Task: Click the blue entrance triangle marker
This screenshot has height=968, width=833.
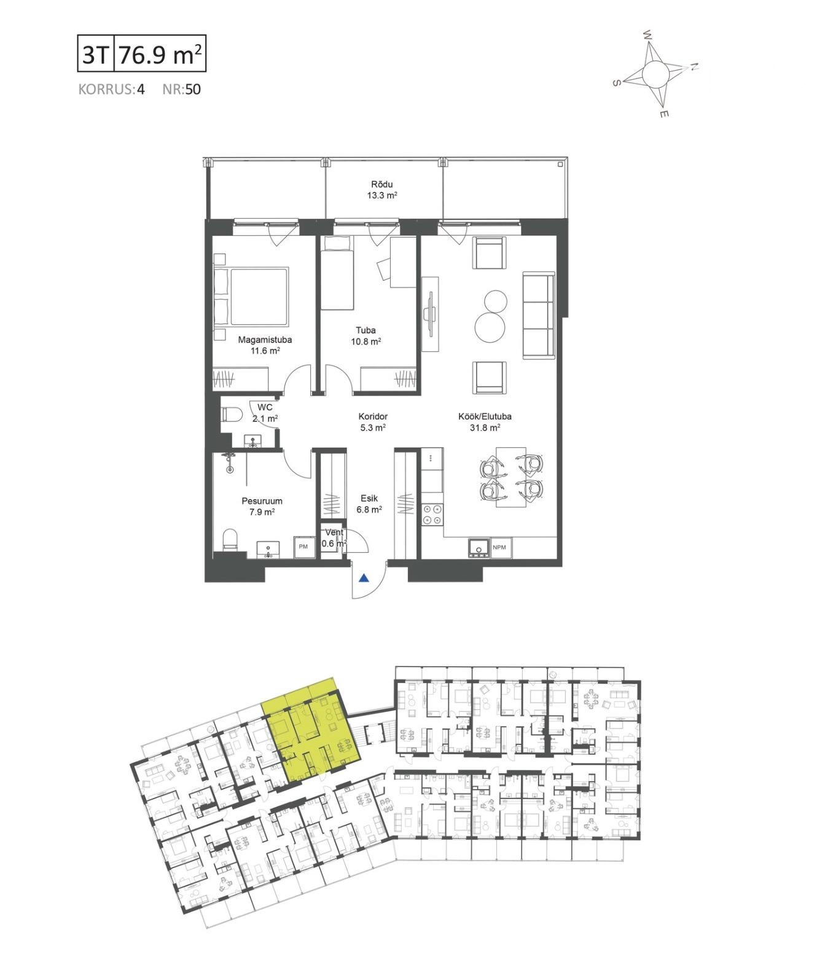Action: (x=364, y=579)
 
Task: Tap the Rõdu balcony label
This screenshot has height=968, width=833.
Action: (x=382, y=184)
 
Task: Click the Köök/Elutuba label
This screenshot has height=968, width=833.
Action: (x=485, y=416)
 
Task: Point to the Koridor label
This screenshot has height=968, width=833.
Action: (x=373, y=416)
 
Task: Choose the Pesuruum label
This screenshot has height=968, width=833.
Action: (x=262, y=501)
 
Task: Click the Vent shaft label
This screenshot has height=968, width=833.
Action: (x=335, y=532)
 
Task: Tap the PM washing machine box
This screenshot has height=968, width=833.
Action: (x=303, y=546)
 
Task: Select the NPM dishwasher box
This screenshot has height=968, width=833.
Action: (x=499, y=547)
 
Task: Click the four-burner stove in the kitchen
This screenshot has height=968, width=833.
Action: (x=432, y=514)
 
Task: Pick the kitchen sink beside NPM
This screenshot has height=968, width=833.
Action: (x=478, y=547)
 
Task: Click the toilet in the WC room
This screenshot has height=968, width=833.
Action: (x=231, y=415)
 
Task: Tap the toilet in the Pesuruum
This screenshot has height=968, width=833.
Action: (x=230, y=539)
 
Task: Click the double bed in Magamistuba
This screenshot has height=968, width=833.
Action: (x=251, y=296)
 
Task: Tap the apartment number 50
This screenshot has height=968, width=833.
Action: (x=193, y=89)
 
